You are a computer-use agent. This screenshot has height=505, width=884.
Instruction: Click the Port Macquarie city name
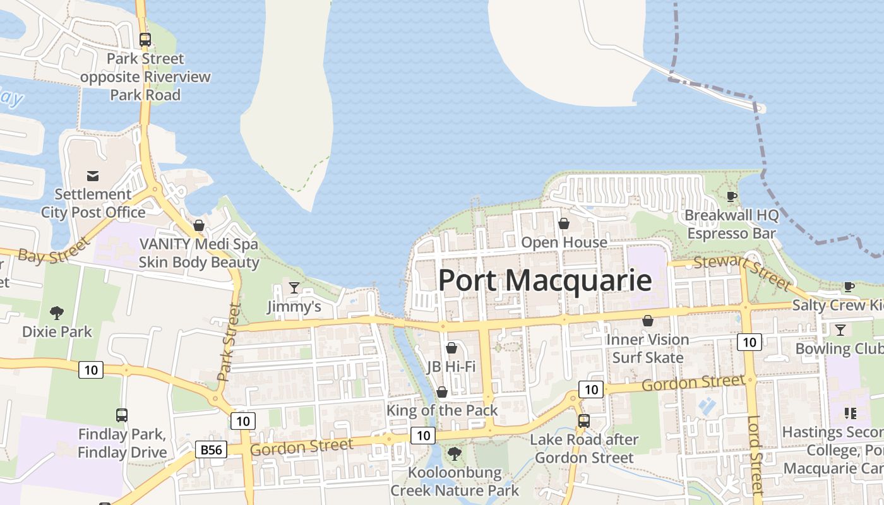(544, 280)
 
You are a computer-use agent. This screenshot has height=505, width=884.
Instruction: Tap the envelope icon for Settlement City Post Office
(93, 175)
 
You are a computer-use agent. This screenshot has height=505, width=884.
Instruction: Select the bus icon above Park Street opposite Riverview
(145, 40)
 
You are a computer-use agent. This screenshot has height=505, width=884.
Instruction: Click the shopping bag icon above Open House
(564, 223)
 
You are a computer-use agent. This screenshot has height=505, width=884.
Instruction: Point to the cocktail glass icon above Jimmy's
(294, 288)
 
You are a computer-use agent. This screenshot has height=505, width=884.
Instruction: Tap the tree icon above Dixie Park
(57, 312)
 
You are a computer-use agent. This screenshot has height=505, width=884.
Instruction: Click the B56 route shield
(212, 449)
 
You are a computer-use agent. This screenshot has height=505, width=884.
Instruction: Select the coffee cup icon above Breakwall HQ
(732, 196)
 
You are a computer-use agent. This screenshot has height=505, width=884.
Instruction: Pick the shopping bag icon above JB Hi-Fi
(451, 348)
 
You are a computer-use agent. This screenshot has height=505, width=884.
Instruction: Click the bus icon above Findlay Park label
(122, 415)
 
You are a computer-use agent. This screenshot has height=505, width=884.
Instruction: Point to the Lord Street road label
(755, 454)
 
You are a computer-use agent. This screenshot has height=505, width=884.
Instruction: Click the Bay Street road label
(54, 251)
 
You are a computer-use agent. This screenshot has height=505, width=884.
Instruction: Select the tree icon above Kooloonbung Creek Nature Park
(454, 453)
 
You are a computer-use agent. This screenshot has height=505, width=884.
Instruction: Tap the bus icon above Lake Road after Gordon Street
(584, 420)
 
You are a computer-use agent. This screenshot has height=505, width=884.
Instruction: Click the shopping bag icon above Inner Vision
(647, 321)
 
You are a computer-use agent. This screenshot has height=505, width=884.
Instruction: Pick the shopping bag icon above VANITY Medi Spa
(199, 225)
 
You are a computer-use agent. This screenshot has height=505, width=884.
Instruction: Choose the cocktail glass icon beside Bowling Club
(840, 330)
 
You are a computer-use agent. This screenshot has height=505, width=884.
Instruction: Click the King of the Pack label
(442, 410)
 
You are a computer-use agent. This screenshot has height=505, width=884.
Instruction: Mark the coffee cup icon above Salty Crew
(849, 287)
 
